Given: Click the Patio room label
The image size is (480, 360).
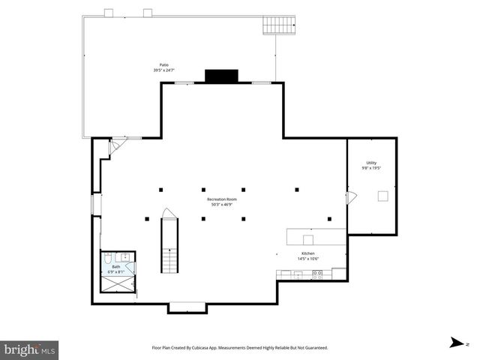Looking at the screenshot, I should tap(163, 65).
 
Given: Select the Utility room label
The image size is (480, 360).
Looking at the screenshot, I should tap(371, 163).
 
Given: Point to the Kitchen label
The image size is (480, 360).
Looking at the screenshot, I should tap(308, 253).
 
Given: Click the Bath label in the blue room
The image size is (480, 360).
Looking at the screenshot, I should tap(116, 266).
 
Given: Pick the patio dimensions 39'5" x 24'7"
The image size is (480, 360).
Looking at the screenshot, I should tap(163, 70).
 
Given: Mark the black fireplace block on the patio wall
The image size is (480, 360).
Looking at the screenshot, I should tap(221, 76).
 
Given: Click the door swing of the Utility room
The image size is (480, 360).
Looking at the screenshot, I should tap(352, 197).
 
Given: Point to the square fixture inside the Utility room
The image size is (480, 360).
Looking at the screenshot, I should tap(382, 196).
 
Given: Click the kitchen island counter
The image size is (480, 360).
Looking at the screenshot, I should tap(315, 237).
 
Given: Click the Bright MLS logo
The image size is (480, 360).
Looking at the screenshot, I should tap(30, 349).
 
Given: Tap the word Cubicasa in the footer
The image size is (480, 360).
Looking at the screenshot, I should tap(220, 348).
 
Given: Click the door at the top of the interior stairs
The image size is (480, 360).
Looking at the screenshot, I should tap(169, 214).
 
